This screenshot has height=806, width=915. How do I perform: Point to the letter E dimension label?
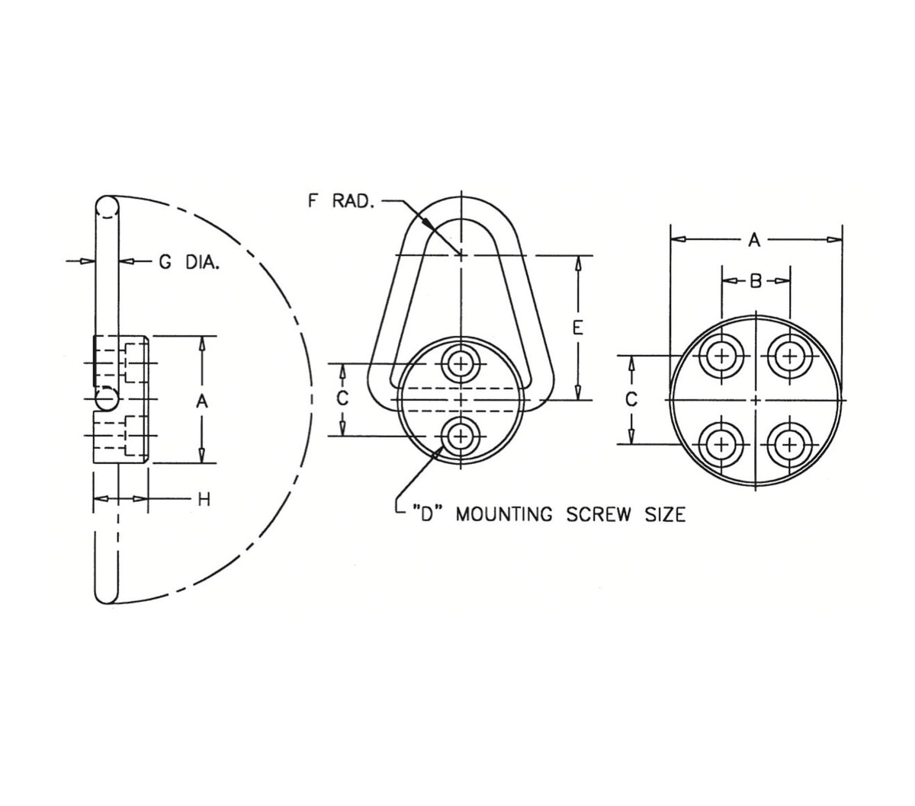[578, 328]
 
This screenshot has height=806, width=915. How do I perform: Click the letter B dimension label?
[755, 281]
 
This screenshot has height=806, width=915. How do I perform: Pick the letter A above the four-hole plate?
[754, 240]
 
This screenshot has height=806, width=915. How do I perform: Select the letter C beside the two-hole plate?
[343, 398]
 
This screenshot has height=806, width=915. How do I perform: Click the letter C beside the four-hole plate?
[631, 398]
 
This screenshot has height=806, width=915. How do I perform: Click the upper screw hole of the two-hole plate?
[461, 363]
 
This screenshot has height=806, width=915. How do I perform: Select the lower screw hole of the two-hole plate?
[461, 436]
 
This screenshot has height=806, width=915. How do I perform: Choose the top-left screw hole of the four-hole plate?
[721, 355]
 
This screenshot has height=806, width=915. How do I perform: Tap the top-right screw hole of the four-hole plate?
[789, 355]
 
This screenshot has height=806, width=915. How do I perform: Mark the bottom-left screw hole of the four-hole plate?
[721, 443]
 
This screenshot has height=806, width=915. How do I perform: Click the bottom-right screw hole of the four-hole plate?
[789, 443]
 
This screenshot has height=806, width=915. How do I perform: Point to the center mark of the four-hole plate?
[755, 399]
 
